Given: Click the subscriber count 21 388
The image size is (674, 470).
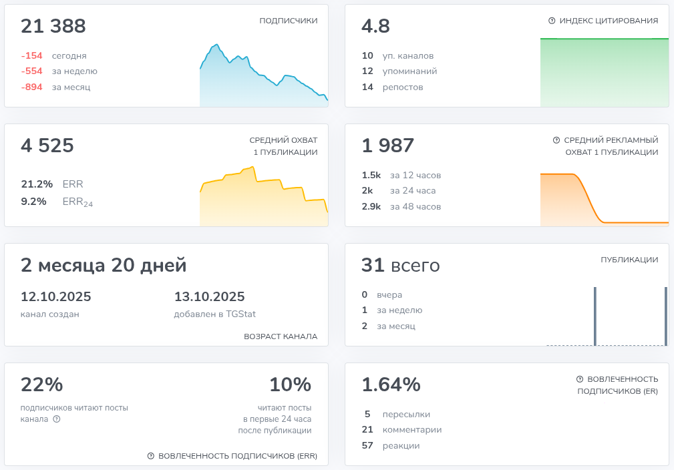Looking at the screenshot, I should [x=53, y=26].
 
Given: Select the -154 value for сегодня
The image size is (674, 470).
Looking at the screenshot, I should [x=31, y=56].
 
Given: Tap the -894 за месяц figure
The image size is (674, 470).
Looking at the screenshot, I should [x=31, y=87].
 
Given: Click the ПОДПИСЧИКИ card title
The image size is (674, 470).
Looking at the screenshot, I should [x=288, y=21].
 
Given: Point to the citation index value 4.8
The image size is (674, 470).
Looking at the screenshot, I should [x=375, y=26].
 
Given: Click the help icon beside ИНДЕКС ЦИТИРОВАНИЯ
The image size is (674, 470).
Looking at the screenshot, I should [x=552, y=21].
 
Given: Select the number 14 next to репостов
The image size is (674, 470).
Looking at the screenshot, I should [x=367, y=87].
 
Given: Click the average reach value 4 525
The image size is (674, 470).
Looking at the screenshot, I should [x=47, y=146].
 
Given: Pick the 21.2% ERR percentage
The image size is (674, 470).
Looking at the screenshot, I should [x=37, y=184].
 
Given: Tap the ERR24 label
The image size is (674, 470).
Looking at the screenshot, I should [x=77, y=202].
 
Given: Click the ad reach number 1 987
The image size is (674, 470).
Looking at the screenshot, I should [x=388, y=146].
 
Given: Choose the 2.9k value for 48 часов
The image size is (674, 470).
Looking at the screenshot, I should [x=371, y=206].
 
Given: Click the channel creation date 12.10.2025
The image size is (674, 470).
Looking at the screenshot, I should [x=56, y=297].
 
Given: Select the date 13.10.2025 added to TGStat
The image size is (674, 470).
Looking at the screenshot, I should [x=209, y=297].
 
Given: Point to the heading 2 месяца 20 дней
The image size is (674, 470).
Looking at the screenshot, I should [x=104, y=265].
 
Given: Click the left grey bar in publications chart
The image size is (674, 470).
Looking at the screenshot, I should [x=595, y=316].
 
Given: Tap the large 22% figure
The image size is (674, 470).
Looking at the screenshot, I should [x=42, y=385].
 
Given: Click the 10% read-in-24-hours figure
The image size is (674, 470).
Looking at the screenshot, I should [x=290, y=385].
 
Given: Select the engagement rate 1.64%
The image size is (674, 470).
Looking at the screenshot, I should [x=391, y=385].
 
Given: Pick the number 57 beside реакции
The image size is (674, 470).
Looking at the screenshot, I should [x=367, y=445].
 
